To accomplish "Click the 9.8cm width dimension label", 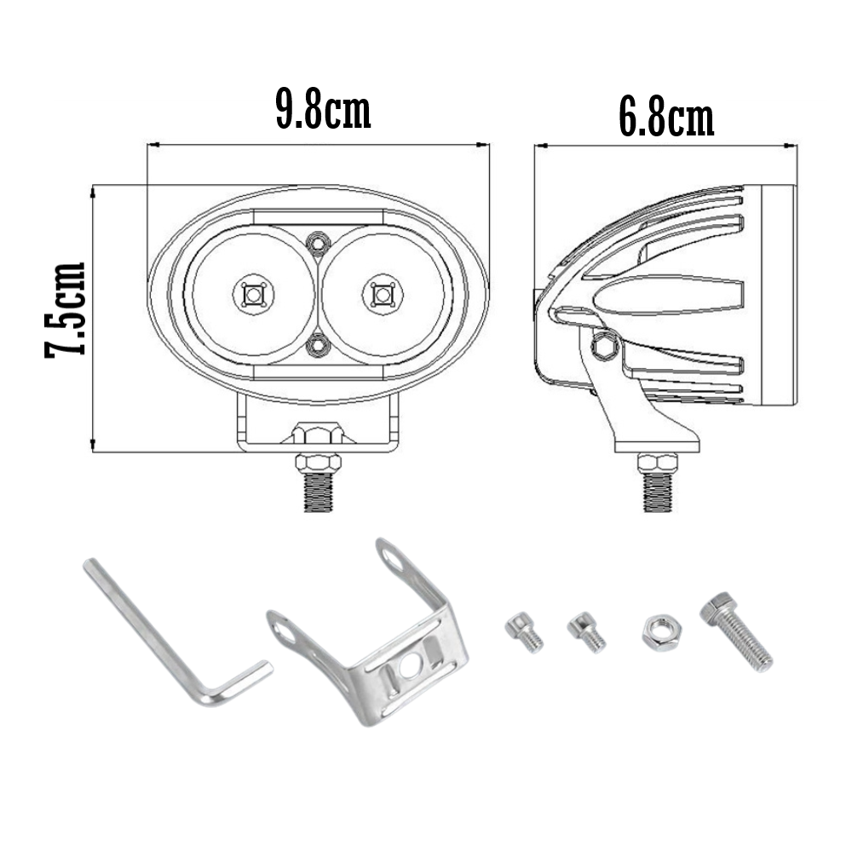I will point(323,111).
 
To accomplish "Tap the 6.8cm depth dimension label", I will point(665,120).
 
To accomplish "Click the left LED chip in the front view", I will point(253,295).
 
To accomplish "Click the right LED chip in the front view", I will point(382,295).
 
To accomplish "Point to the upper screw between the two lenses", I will point(318,244).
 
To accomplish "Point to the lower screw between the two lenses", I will point(318,345).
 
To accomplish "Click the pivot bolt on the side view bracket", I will point(606,344).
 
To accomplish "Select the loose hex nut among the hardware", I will point(659,633).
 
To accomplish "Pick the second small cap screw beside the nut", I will point(586,632).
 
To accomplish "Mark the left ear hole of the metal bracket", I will point(283,630).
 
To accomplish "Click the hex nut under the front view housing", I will point(318,434).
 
